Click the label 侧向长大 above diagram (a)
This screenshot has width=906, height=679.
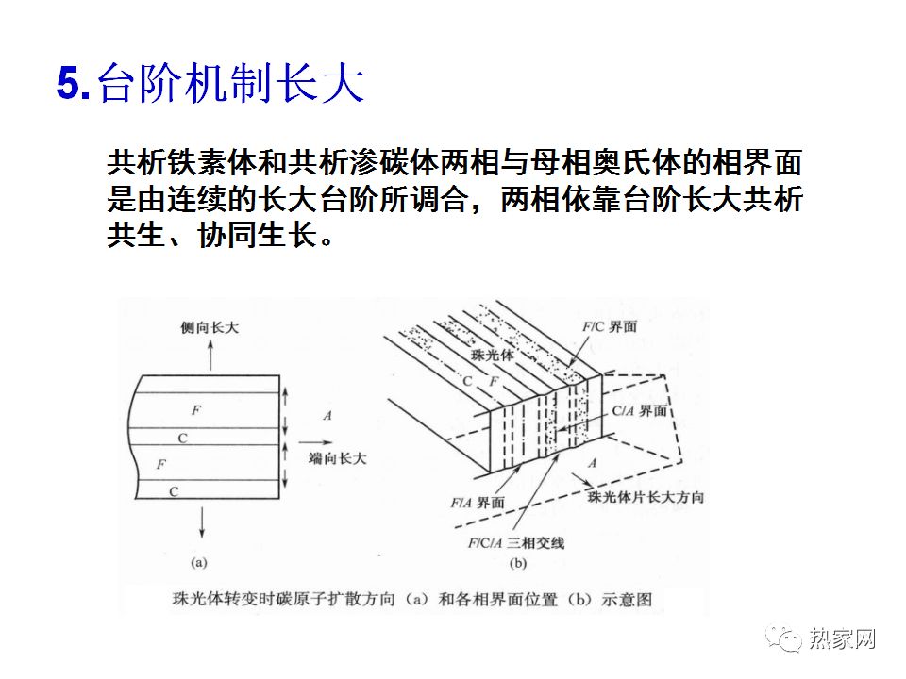coord(210,327)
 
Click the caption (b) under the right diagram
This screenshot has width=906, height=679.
coord(517,563)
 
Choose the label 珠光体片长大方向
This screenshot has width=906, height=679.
coord(646,496)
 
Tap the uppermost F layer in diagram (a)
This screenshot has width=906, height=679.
coord(196,410)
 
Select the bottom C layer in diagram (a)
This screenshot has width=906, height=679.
coord(174,490)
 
